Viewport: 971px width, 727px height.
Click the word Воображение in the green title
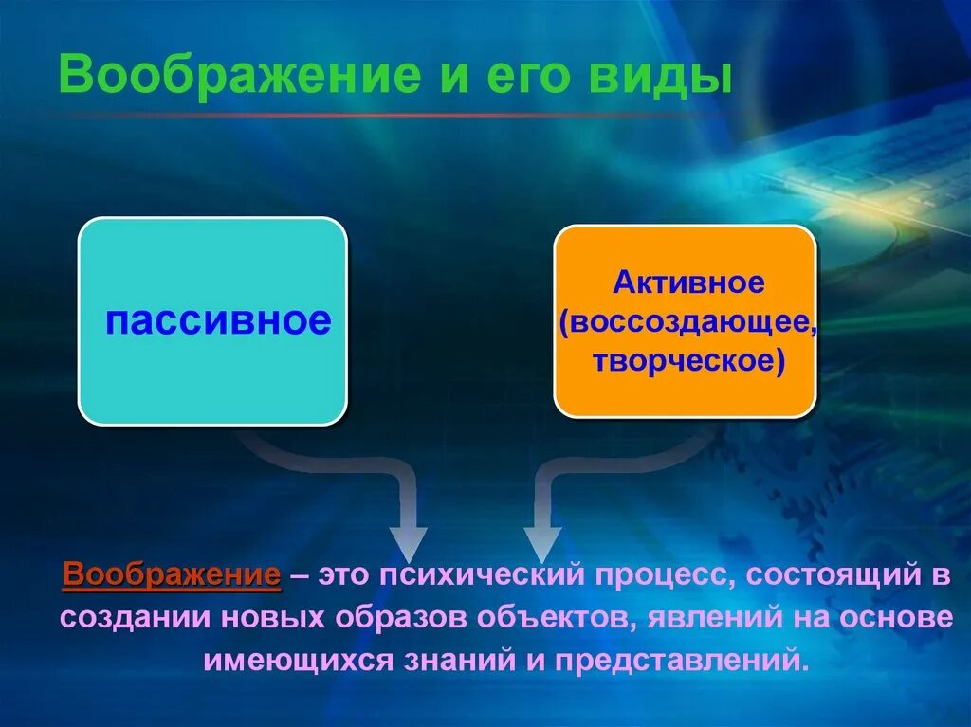pos(239,76)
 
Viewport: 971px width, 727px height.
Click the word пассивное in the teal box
pos(218,320)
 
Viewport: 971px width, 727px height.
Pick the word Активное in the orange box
pos(688,282)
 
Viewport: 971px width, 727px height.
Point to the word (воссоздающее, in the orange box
pos(687,322)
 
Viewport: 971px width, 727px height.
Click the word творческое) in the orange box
pos(688,362)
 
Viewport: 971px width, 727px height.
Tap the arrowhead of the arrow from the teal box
pos(408,544)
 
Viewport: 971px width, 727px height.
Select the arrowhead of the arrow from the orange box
pos(543,544)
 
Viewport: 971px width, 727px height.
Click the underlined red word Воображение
pos(172,575)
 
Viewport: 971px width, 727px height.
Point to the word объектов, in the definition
pos(557,618)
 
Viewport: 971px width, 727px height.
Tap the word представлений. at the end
pos(682,661)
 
